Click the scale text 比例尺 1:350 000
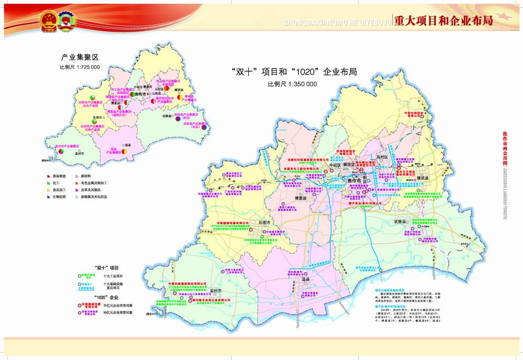click(x=292, y=84)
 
